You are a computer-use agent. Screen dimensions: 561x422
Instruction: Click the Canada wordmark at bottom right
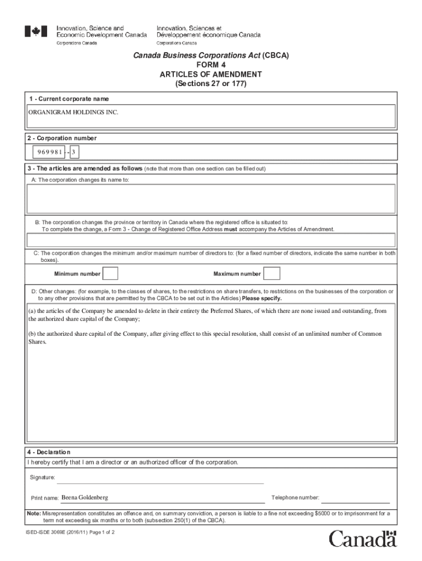click(x=362, y=539)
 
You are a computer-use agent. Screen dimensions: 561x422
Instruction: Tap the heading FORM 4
click(x=211, y=65)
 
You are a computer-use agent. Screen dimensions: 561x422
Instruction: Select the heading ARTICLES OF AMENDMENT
click(x=211, y=75)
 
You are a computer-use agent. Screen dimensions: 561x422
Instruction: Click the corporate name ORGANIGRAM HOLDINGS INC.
click(x=73, y=112)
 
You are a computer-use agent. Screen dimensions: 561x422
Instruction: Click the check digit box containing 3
click(x=73, y=151)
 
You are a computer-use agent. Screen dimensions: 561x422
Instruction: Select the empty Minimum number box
click(x=110, y=273)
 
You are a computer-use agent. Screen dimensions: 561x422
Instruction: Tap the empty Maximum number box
click(x=272, y=273)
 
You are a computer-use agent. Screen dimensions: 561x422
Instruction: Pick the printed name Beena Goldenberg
click(x=84, y=497)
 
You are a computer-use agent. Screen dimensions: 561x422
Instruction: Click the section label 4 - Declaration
click(x=49, y=452)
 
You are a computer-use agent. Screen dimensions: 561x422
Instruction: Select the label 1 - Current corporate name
click(x=69, y=99)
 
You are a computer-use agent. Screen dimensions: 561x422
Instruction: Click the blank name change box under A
click(x=211, y=198)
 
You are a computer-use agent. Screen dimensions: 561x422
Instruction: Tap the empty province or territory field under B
click(x=211, y=241)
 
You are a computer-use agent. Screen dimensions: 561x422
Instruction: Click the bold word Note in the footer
click(x=33, y=514)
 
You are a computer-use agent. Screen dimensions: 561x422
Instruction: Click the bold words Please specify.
click(x=262, y=299)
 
